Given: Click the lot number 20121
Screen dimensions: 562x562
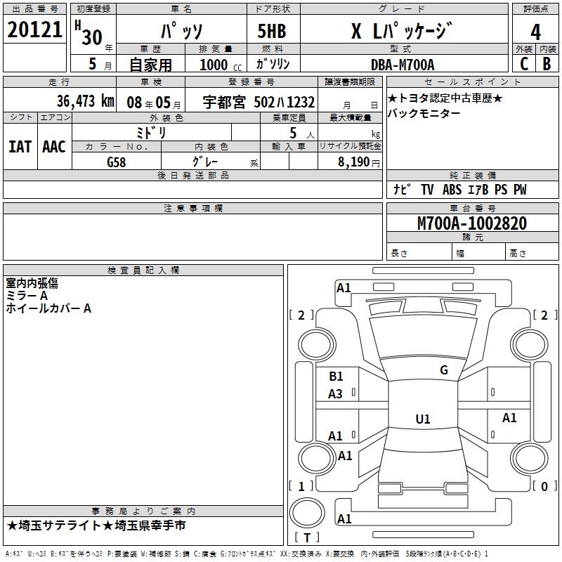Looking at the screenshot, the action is tap(34, 30).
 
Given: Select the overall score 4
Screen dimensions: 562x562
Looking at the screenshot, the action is tap(536, 32).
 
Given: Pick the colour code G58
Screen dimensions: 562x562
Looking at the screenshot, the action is tap(116, 162).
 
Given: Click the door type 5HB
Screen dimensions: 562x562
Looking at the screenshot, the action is tap(272, 32).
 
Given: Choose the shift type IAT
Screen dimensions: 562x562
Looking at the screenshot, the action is tap(20, 146).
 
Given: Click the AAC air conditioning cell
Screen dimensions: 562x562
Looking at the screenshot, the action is tap(53, 146).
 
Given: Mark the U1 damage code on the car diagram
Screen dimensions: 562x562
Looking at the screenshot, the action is tap(422, 419).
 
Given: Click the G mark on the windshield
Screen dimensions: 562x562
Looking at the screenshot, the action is tap(443, 370).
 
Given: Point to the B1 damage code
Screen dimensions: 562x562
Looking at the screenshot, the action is tap(336, 377).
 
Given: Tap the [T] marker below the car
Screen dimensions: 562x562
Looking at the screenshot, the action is tap(306, 538).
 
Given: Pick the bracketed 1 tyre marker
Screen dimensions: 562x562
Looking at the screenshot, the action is tap(301, 486).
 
